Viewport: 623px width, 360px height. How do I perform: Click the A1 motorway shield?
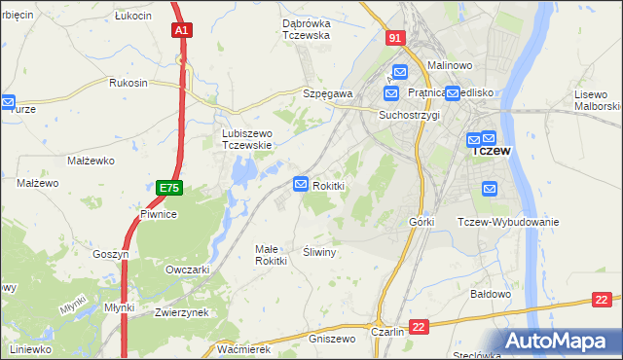pyautogui.click(x=181, y=31)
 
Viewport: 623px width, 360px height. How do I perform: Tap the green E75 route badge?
pyautogui.click(x=167, y=185)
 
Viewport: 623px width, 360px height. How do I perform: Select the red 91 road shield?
pyautogui.click(x=393, y=38)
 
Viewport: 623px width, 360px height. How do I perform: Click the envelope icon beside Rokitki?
pyautogui.click(x=301, y=184)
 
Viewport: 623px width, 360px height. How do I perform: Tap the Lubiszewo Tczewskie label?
pyautogui.click(x=245, y=139)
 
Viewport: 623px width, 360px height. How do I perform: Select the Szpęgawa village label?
pyautogui.click(x=327, y=93)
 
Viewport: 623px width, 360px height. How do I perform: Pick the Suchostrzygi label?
pyautogui.click(x=410, y=114)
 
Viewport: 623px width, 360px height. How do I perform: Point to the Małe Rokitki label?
pyautogui.click(x=271, y=254)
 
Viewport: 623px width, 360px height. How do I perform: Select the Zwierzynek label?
pyautogui.click(x=182, y=312)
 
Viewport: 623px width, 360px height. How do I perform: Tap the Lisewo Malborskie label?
pyautogui.click(x=597, y=98)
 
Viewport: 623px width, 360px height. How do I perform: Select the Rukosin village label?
pyautogui.click(x=128, y=83)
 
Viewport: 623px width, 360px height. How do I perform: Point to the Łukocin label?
pyautogui.click(x=132, y=17)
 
